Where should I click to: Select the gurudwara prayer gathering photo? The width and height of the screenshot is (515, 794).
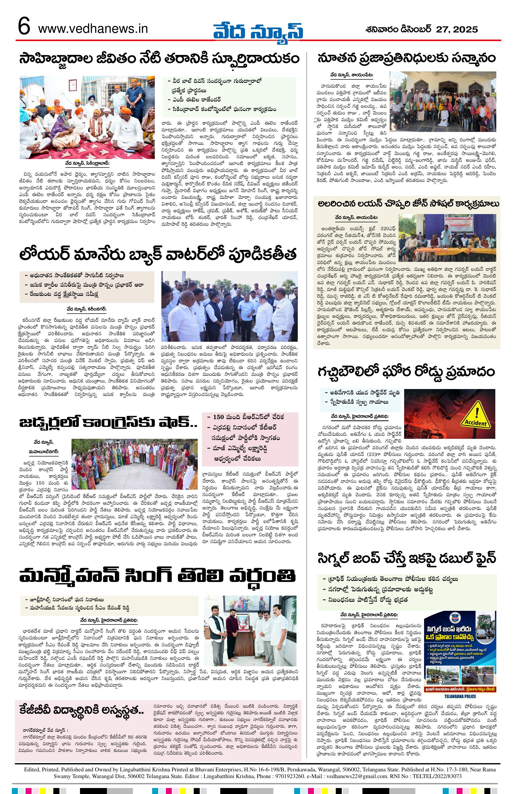[87, 117]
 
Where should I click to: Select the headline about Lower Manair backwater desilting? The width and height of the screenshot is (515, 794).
[158, 255]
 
